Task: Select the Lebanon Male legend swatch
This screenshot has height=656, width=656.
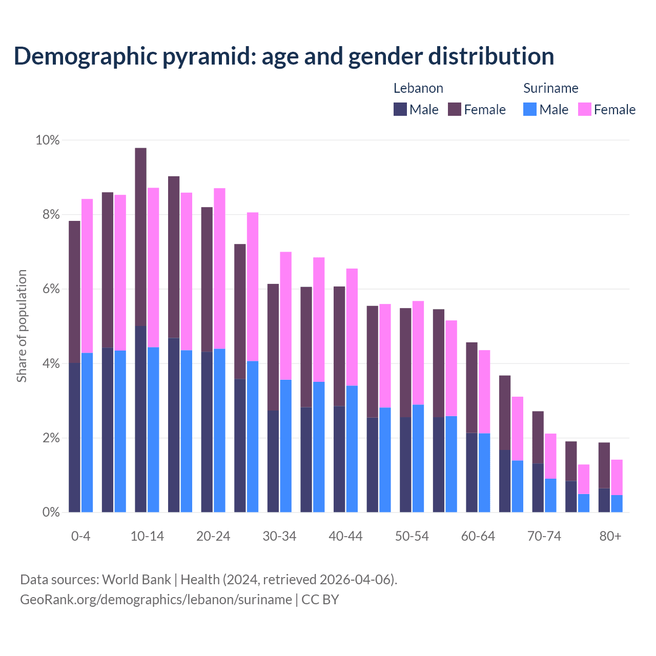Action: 400,109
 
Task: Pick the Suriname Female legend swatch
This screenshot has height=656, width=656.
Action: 584,109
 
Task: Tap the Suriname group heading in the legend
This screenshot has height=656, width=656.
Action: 550,88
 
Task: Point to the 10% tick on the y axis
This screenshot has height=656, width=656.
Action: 47,140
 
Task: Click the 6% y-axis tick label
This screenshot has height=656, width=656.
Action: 50,289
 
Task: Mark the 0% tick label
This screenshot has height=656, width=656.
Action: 50,512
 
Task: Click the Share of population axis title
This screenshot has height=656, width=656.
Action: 22,326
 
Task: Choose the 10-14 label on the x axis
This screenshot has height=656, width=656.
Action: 147,537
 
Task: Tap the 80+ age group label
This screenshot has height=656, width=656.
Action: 610,537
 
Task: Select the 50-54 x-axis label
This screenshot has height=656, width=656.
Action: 412,537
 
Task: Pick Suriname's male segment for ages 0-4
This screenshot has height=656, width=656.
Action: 87,433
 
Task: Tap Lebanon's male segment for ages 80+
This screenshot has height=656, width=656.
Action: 604,500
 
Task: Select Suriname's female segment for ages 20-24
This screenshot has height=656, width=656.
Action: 219,269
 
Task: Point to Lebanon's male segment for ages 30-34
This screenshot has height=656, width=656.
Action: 273,461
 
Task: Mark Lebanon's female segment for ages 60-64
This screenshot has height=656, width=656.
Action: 471,387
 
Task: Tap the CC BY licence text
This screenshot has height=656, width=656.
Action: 320,600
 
